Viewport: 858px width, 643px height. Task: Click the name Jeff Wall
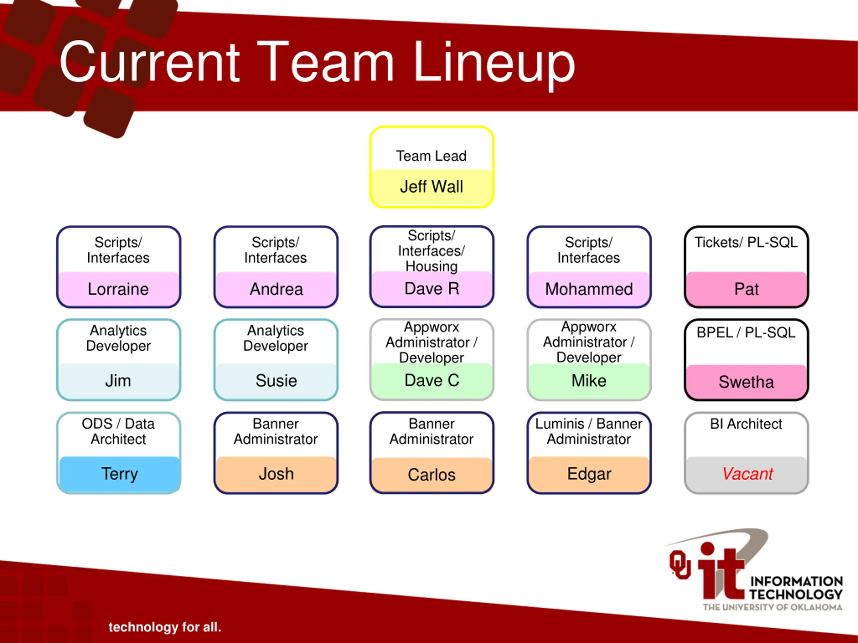[431, 187]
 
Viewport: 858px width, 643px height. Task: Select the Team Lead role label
[431, 156]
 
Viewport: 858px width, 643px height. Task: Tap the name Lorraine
[118, 289]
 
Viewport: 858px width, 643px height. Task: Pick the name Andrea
[276, 289]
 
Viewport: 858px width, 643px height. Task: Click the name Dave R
[432, 289]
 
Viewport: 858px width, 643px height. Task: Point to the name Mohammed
[589, 289]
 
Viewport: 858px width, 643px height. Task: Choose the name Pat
[746, 289]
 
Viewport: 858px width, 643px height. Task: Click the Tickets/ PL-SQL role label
[746, 242]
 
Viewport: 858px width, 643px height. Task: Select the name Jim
[118, 380]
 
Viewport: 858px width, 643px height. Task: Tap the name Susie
[276, 380]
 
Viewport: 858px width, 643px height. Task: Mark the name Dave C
[432, 380]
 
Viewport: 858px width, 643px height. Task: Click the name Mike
[589, 380]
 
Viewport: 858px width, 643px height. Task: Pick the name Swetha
[746, 382]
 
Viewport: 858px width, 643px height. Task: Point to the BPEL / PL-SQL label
[746, 333]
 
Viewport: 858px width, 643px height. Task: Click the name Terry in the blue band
[119, 474]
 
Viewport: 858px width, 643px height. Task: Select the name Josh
[276, 474]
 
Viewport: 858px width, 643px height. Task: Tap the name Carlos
[432, 475]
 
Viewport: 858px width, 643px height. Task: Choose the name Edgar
[589, 474]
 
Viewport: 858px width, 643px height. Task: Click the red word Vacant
[747, 474]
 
